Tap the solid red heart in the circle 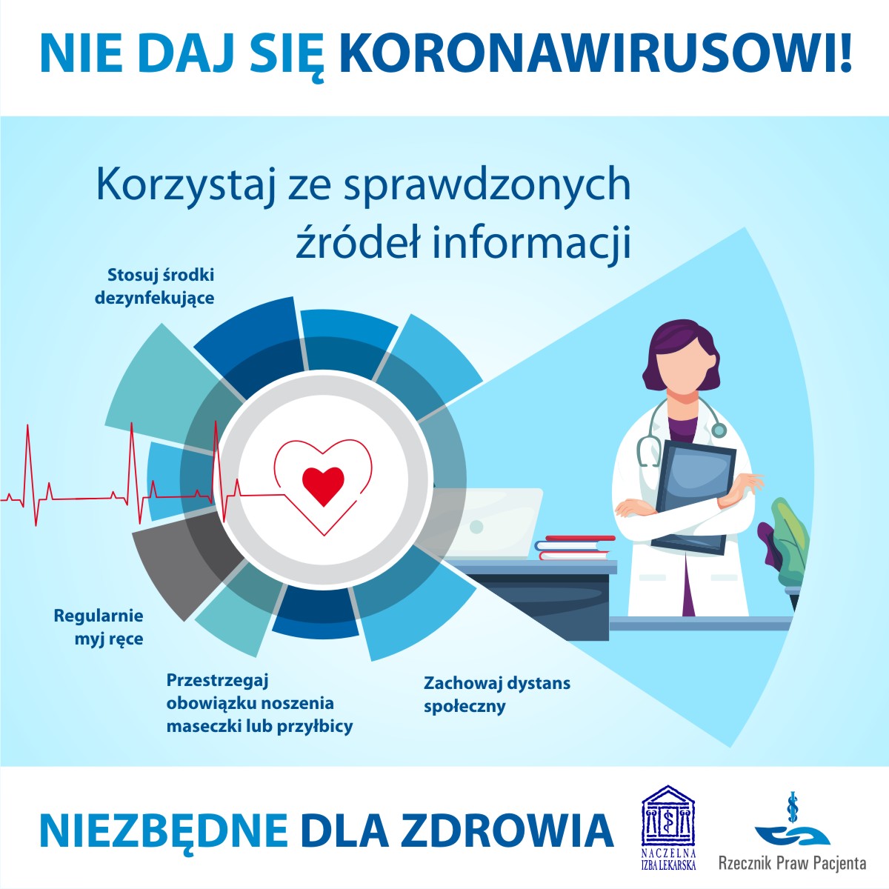(x=323, y=485)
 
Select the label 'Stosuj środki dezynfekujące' (x=156, y=287)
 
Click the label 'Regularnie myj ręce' (x=99, y=627)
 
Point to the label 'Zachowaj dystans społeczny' (x=496, y=693)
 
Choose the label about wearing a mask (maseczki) (x=259, y=703)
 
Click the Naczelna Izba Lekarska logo (x=668, y=827)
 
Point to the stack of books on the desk (x=575, y=547)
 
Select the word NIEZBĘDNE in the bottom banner (x=164, y=831)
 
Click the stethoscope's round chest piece (x=718, y=430)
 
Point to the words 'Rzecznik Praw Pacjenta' (x=792, y=863)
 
